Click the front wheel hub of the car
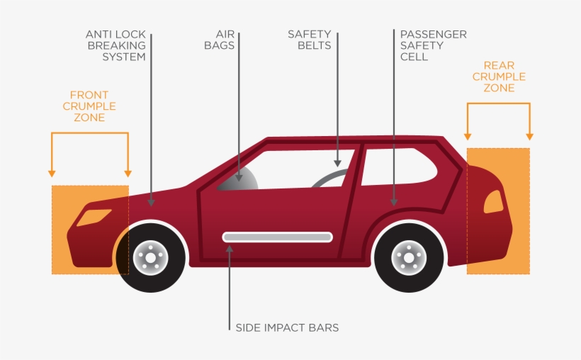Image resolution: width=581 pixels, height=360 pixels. pyautogui.click(x=150, y=258)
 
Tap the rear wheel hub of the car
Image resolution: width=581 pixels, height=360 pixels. pyautogui.click(x=409, y=258)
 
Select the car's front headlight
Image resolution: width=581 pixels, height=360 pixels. pyautogui.click(x=94, y=218)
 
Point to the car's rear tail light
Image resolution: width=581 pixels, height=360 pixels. pyautogui.click(x=494, y=202)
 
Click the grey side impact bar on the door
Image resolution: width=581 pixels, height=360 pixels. pyautogui.click(x=278, y=237)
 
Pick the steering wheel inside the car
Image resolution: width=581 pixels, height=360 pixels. pyautogui.click(x=329, y=178)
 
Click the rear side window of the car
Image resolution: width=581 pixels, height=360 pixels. pyautogui.click(x=399, y=167)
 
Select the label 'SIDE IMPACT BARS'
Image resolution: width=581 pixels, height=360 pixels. pyautogui.click(x=287, y=327)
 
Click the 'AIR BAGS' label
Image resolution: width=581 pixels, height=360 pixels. pyautogui.click(x=220, y=40)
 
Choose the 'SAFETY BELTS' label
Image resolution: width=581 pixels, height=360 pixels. pyautogui.click(x=310, y=40)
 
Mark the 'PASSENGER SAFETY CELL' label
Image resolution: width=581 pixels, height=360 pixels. pyautogui.click(x=433, y=45)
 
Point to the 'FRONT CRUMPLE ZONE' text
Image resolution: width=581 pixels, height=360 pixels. pyautogui.click(x=89, y=106)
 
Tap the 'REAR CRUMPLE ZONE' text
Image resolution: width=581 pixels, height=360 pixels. pyautogui.click(x=499, y=77)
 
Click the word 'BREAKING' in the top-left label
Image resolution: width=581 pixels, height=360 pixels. pyautogui.click(x=117, y=45)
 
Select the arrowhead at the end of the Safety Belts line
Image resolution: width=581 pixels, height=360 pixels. pyautogui.click(x=337, y=164)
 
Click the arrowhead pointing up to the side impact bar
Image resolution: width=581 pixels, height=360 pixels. pyautogui.click(x=230, y=249)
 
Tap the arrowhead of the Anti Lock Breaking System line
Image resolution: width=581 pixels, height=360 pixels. pyautogui.click(x=151, y=203)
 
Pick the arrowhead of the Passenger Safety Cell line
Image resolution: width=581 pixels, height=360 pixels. pyautogui.click(x=394, y=203)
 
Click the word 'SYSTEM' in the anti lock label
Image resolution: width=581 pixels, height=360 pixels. pyautogui.click(x=124, y=57)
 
